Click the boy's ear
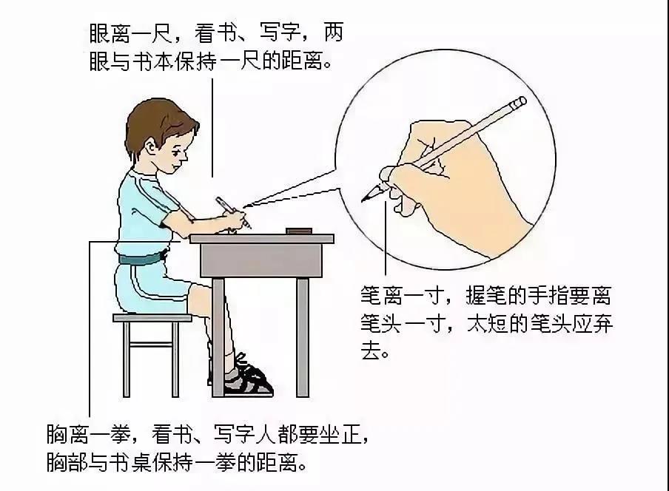click(151, 149)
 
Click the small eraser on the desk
click(299, 231)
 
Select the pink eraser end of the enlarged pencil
click(520, 102)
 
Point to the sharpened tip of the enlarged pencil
click(364, 200)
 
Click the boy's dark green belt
click(142, 258)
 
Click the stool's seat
click(152, 318)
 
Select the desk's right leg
click(303, 336)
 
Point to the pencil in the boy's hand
click(233, 213)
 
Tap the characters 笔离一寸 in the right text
click(401, 295)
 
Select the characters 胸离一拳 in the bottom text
click(88, 435)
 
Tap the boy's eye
click(179, 152)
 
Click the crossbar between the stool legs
click(151, 345)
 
